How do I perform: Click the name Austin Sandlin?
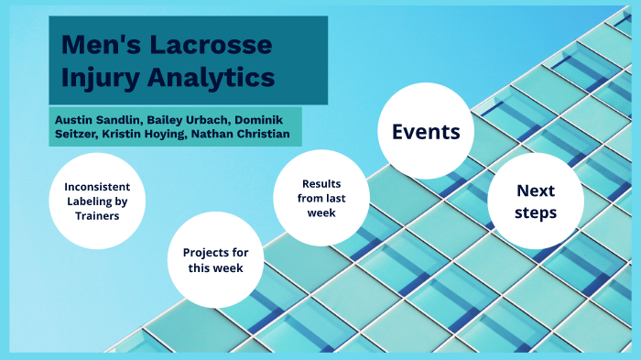click(96, 120)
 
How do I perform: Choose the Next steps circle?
click(536, 202)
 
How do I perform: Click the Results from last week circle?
click(321, 197)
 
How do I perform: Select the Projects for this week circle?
click(216, 260)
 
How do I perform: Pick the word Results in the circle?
click(321, 182)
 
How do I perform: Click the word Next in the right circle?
click(536, 191)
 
